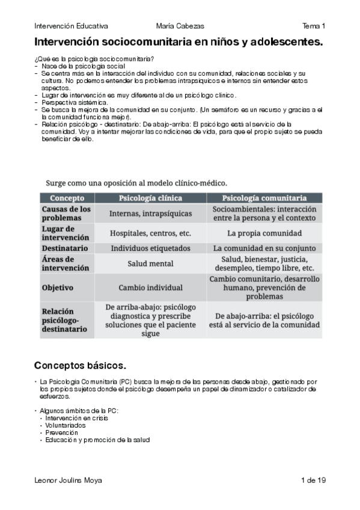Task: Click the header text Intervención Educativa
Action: [72, 26]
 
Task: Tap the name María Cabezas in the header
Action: [180, 26]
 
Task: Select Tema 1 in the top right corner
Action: [314, 26]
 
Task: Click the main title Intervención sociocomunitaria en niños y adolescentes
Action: [178, 42]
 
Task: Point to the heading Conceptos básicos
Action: [80, 365]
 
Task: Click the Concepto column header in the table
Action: [67, 198]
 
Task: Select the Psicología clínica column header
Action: [150, 198]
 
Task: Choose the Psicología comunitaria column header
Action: [264, 198]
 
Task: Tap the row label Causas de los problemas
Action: [66, 214]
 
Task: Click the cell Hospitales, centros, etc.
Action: [150, 233]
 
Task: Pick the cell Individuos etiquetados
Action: [150, 248]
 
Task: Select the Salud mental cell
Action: [150, 263]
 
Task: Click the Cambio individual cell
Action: [150, 287]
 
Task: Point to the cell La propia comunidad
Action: [264, 233]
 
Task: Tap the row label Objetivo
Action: [58, 287]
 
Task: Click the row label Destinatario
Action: [66, 248]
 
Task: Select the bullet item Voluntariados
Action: [66, 425]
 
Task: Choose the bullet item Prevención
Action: [62, 432]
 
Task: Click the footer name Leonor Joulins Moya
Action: [69, 480]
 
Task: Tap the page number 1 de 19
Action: [313, 480]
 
